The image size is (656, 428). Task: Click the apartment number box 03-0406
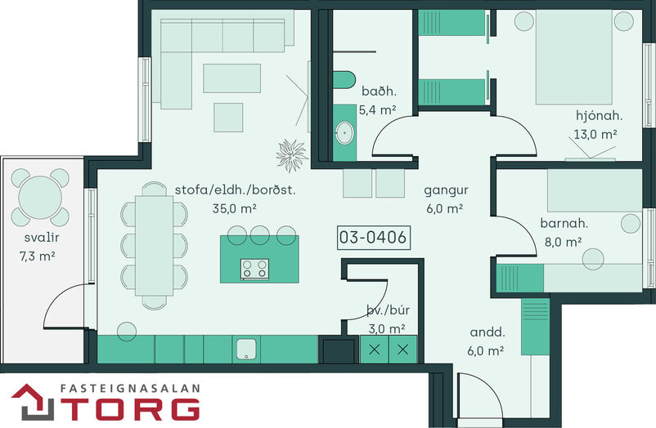(374, 238)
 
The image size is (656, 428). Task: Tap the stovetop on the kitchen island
(254, 269)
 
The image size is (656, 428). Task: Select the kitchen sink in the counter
(246, 349)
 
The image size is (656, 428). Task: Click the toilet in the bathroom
(344, 80)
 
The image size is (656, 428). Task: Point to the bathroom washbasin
(344, 132)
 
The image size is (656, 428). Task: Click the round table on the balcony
(40, 198)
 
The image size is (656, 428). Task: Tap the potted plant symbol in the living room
(292, 155)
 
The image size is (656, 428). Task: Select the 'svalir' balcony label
(42, 238)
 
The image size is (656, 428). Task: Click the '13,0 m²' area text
(595, 134)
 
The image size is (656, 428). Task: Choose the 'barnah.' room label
(564, 223)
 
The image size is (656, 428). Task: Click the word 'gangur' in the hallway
(446, 191)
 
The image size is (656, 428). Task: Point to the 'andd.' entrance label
(488, 332)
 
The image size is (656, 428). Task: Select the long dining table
(154, 246)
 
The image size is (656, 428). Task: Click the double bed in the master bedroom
(574, 57)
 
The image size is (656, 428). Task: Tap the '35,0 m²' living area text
(234, 208)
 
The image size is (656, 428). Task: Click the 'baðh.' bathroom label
(379, 91)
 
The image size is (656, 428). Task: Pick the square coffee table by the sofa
(228, 118)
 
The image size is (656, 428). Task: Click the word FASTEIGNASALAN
(130, 388)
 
